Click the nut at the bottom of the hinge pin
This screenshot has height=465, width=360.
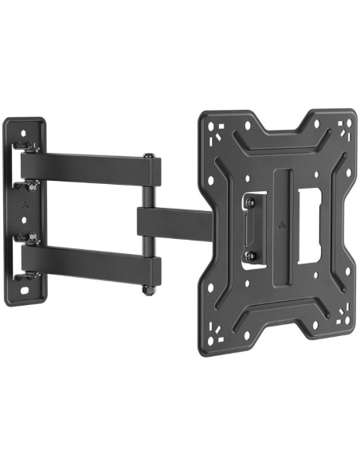pos(147,291)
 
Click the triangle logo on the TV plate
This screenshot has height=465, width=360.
pos(283,225)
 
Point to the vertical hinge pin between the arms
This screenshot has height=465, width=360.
pos(148,223)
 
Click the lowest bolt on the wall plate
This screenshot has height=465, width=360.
pos(32,276)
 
